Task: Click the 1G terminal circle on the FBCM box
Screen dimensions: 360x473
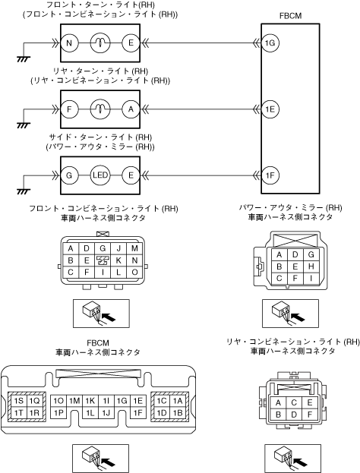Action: (270, 43)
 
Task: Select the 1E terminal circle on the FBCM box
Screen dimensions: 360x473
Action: (270, 109)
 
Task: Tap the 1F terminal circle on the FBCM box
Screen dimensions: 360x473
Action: (270, 175)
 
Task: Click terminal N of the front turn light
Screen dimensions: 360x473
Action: (69, 43)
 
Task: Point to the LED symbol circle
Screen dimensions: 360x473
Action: (100, 175)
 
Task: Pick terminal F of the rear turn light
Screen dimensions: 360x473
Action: (69, 109)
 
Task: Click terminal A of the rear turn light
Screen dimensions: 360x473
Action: (131, 109)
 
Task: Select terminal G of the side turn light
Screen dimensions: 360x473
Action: (69, 175)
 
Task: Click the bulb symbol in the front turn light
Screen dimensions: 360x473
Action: (100, 43)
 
